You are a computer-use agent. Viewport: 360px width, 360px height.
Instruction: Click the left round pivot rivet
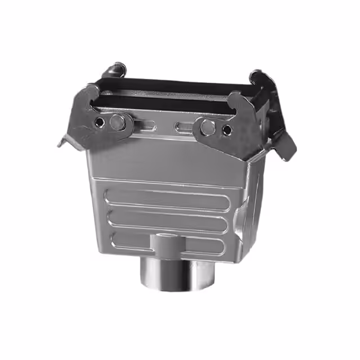(x=118, y=121)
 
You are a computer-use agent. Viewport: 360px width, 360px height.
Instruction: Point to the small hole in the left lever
(x=100, y=122)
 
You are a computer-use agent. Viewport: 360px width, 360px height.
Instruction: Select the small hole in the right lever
(x=227, y=130)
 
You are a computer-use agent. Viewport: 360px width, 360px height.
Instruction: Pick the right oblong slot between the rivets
(x=184, y=127)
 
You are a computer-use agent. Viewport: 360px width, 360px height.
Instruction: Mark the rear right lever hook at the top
(x=259, y=78)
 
